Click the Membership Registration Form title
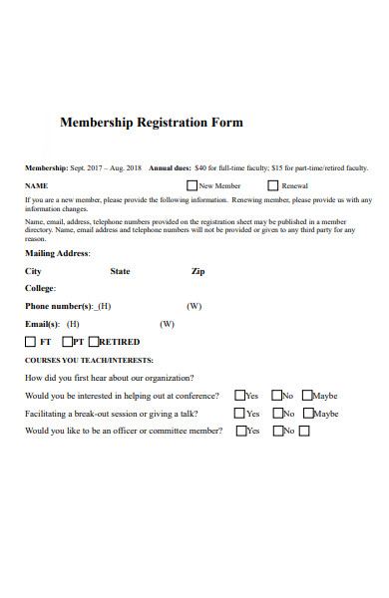coord(152,123)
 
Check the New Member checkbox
coord(192,185)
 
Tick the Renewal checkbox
coord(272,185)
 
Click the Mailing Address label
coord(57,253)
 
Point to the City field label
coord(33,270)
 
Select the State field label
coord(120,270)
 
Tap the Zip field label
coord(197,270)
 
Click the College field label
coord(40,288)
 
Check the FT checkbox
coord(30,341)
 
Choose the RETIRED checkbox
coord(95,341)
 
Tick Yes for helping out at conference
coord(239,396)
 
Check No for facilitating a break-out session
coord(275,414)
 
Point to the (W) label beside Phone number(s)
coord(194,306)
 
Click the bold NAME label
coord(36,185)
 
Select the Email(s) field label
coord(42,324)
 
